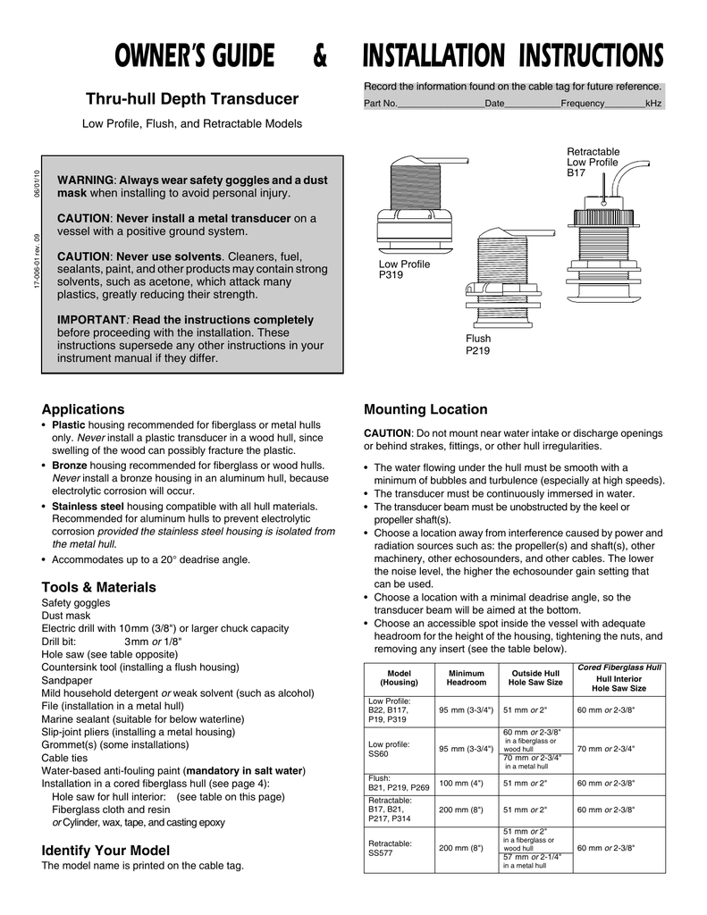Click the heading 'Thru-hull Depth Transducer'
[191, 98]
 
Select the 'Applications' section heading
[83, 409]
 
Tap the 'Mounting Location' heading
[425, 409]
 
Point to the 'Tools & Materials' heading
[98, 587]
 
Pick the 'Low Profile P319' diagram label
[404, 270]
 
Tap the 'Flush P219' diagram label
[478, 345]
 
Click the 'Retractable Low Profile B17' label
[593, 163]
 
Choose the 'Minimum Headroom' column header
[466, 677]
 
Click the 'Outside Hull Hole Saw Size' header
[534, 677]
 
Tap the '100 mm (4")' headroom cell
[461, 784]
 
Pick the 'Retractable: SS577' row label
[390, 848]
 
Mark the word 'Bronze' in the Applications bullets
[69, 466]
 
